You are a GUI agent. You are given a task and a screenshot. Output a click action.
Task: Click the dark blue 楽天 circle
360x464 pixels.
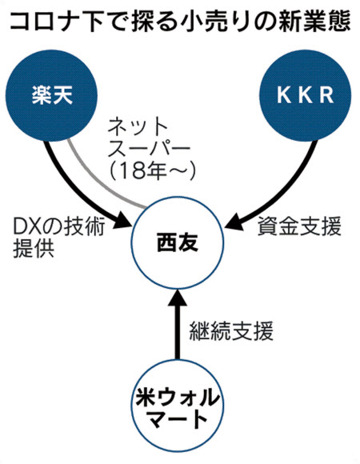52,95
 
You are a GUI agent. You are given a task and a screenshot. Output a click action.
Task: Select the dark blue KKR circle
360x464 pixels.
305,95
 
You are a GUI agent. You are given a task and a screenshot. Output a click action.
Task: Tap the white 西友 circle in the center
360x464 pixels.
178,242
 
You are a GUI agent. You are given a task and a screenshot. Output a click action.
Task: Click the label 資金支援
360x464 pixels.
299,226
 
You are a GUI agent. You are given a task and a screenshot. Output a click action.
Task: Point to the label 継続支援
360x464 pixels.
231,330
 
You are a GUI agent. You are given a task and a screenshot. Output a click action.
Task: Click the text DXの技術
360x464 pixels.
59,226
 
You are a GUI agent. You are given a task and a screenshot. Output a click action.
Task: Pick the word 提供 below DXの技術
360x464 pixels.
34,249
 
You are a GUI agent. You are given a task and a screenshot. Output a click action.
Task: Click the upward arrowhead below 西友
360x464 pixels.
178,299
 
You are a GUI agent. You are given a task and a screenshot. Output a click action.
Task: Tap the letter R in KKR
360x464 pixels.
326,95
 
